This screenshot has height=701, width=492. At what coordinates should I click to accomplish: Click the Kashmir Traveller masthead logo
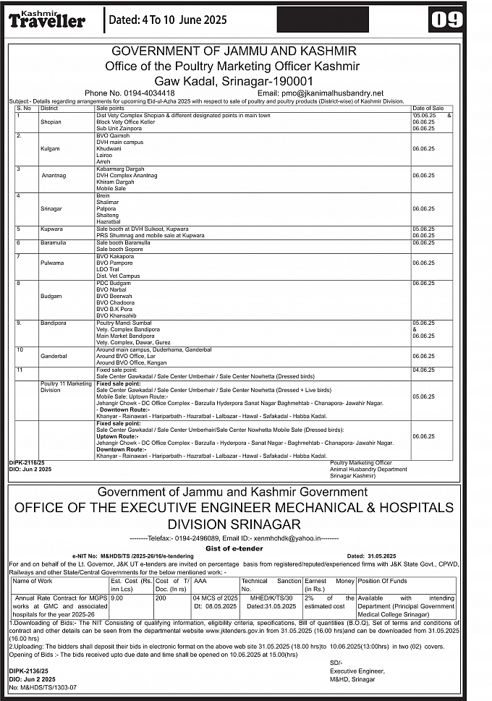point(47,20)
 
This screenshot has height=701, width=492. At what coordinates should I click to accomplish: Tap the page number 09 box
point(446,20)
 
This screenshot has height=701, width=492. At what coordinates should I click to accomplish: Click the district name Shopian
point(51,122)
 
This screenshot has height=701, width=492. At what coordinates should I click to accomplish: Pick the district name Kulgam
point(51,147)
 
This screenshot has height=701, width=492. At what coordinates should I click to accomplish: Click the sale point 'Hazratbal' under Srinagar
point(109,221)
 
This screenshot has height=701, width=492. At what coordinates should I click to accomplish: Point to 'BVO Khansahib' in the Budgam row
point(116,316)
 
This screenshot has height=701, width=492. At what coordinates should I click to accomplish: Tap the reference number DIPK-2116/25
point(27,461)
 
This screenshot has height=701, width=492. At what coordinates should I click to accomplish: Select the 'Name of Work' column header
point(33,581)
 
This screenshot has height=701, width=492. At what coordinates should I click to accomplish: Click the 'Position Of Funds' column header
point(383,581)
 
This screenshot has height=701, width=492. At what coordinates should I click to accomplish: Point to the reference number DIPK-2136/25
point(27,671)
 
